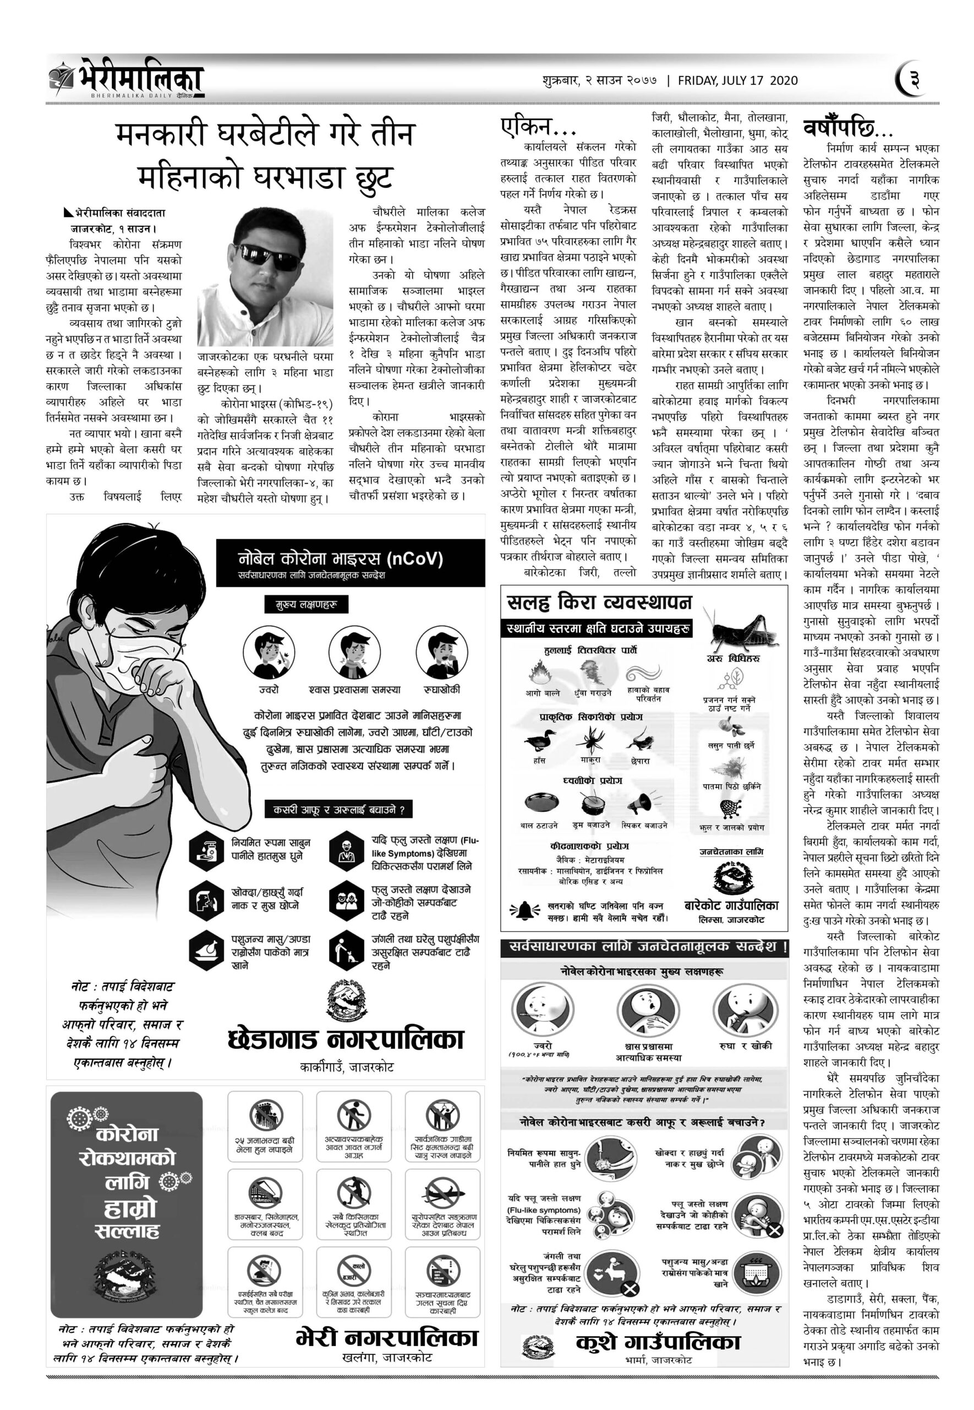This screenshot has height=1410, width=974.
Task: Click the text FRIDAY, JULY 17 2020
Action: click(737, 80)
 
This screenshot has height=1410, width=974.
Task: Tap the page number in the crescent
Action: click(913, 80)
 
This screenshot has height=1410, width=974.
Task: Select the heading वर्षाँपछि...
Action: click(849, 128)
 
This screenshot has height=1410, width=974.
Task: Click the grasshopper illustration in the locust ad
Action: click(742, 628)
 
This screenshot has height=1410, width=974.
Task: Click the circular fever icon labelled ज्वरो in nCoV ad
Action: click(269, 653)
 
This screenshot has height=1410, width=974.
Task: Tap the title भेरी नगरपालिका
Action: click(387, 1339)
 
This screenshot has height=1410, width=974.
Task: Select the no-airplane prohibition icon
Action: click(443, 1191)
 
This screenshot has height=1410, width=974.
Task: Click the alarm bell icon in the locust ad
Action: click(524, 910)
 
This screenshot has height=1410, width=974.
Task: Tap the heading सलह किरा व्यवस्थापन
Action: click(599, 603)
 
